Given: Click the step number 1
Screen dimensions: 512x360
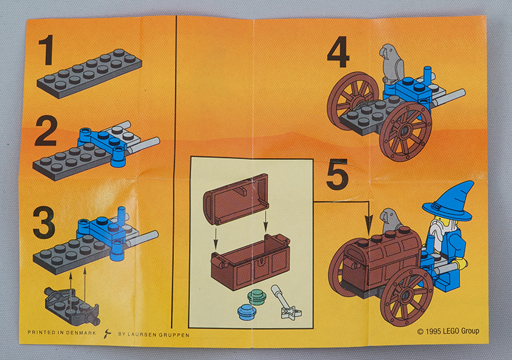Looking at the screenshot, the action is coord(46,50).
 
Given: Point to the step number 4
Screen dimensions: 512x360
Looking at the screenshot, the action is coord(338,52).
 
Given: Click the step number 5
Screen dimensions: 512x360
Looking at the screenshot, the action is coord(337,175).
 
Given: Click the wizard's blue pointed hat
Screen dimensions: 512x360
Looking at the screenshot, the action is coord(449,201).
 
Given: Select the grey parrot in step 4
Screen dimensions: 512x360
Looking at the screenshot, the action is coord(392,63).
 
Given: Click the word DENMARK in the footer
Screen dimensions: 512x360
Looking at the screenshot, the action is coord(81,333).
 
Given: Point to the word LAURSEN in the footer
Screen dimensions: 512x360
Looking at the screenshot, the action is coord(142,334).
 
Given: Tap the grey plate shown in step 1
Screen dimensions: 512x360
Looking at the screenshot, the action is coord(89,74).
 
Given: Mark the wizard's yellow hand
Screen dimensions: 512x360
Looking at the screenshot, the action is coord(461,263).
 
